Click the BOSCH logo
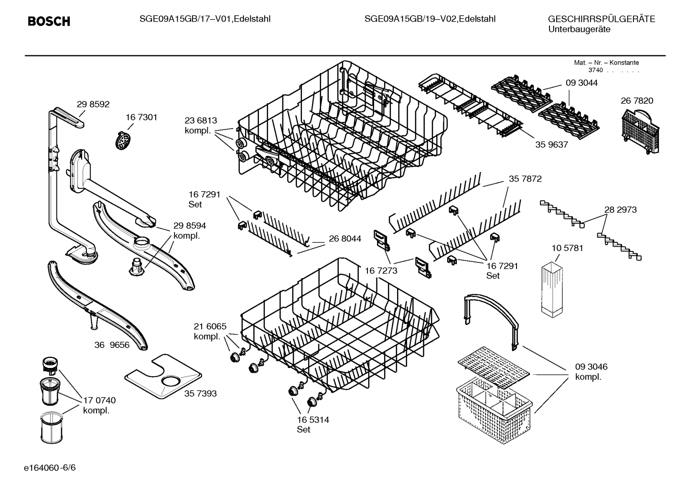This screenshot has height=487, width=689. click(x=49, y=21)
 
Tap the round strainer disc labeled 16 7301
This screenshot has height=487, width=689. click(x=123, y=140)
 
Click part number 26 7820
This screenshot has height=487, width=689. click(x=636, y=101)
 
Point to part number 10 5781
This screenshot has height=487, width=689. click(x=567, y=248)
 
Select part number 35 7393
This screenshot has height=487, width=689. click(x=200, y=393)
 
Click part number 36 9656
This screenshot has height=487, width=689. click(x=112, y=345)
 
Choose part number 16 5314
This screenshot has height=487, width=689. click(x=313, y=420)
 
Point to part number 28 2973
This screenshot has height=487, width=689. click(x=620, y=209)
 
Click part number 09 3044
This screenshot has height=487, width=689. click(x=581, y=83)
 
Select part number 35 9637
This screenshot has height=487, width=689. click(x=551, y=144)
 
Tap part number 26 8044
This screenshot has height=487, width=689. click(x=345, y=238)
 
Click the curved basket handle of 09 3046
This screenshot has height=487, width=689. click(x=492, y=318)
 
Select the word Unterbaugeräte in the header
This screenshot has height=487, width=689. click(x=579, y=30)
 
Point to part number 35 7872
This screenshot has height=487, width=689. click(x=525, y=179)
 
